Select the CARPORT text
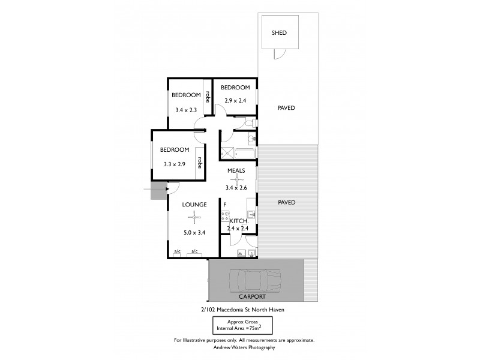point(251,297)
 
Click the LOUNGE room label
point(195,205)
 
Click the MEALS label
point(236,170)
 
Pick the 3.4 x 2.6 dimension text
point(236,188)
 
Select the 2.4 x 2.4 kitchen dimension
point(238,228)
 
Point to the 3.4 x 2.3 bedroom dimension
point(186,110)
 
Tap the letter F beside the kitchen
point(224,205)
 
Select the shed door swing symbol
point(278,54)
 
